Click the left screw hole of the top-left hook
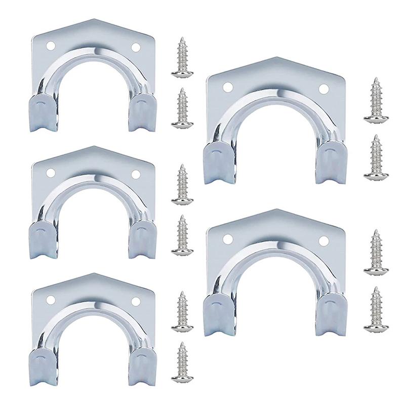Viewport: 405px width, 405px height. (50, 46)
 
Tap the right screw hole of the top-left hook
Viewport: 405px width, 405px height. (136, 47)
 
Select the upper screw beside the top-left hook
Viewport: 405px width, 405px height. (182, 58)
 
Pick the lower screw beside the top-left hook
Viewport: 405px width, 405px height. (182, 108)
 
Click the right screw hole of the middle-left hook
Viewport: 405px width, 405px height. (136, 174)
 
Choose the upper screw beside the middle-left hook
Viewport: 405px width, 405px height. (182, 185)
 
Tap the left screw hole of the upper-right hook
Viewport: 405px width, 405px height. (228, 88)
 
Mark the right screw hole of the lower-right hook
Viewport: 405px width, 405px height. (323, 241)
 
